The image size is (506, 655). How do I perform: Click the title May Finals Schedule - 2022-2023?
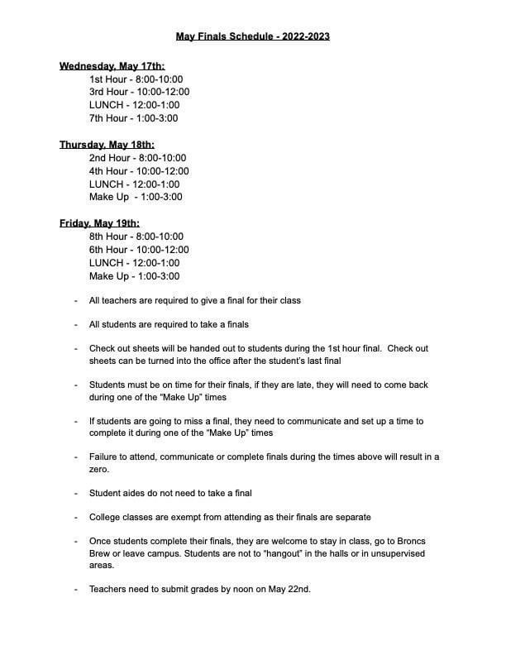coord(253,36)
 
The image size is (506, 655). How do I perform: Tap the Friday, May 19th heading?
coord(99,223)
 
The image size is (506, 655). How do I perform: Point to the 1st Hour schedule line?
coord(136,79)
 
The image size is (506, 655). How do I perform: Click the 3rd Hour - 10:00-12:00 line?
coord(139,92)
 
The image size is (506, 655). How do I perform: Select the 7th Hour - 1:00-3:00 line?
coord(133,118)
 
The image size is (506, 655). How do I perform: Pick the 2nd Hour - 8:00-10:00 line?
coord(137,157)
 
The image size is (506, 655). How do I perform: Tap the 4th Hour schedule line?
coord(139,170)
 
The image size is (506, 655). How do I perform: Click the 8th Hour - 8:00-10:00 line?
coord(136,237)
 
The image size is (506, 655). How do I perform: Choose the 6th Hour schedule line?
coord(139,250)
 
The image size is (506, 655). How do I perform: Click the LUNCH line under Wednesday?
coord(134,105)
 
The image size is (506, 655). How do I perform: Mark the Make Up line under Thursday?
coord(136,197)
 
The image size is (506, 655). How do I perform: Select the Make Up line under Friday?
coord(134,276)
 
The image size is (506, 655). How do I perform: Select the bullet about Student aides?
coord(170,493)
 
